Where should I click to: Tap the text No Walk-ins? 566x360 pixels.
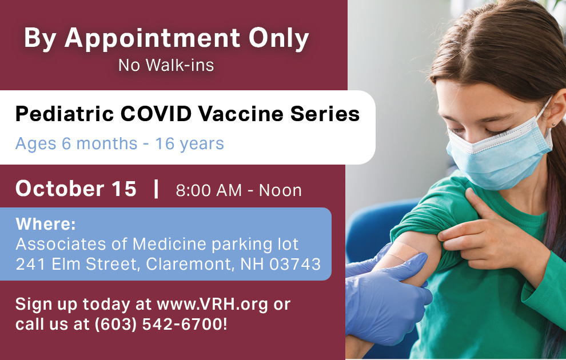[x=166, y=65]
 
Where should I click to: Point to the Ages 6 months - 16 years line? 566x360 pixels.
[x=119, y=143]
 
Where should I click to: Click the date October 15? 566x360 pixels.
[x=76, y=189]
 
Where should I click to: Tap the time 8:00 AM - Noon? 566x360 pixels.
[x=238, y=190]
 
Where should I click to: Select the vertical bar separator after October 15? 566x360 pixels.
[x=156, y=189]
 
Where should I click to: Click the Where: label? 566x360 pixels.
[x=46, y=223]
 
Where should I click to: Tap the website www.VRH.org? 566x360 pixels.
[x=212, y=304]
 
